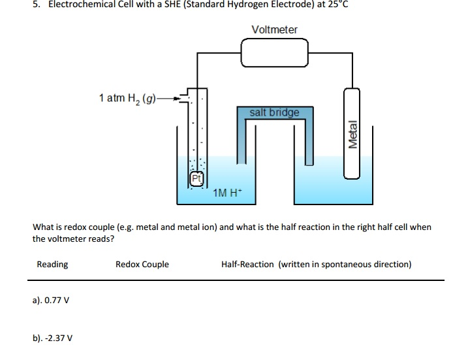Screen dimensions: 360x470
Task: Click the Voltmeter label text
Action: [x=274, y=30]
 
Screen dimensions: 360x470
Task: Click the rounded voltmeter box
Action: [x=274, y=52]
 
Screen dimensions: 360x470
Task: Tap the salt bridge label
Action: [x=274, y=112]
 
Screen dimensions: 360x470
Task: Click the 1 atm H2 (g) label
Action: [x=127, y=98]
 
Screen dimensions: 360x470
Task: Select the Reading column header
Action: [x=52, y=265]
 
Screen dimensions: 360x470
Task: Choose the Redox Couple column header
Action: [x=142, y=265]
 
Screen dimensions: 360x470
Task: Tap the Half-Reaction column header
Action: [x=248, y=265]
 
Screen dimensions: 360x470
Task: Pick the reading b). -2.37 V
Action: [x=52, y=338]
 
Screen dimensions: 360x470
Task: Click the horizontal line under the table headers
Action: [x=235, y=280]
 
